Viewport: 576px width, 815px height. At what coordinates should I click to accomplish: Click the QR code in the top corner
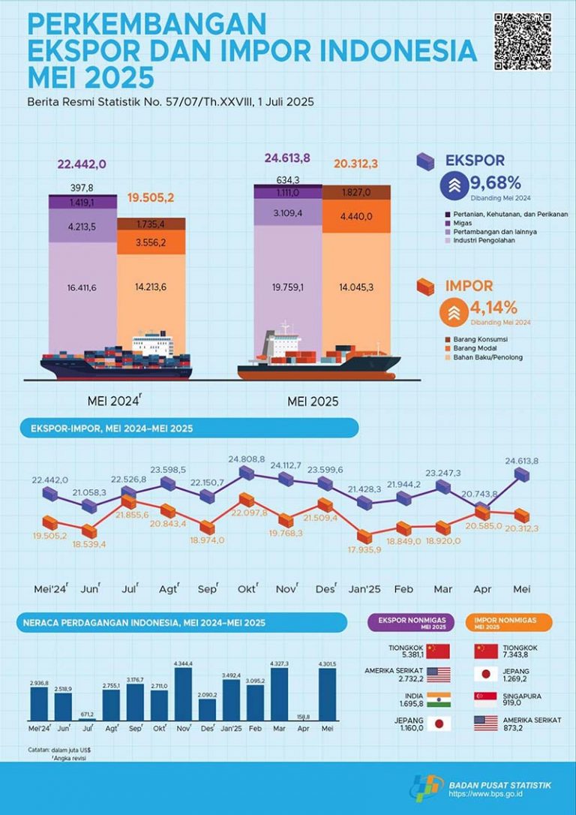pos(523,41)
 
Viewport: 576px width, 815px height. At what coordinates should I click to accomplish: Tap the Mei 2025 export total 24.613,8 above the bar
pos(287,158)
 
